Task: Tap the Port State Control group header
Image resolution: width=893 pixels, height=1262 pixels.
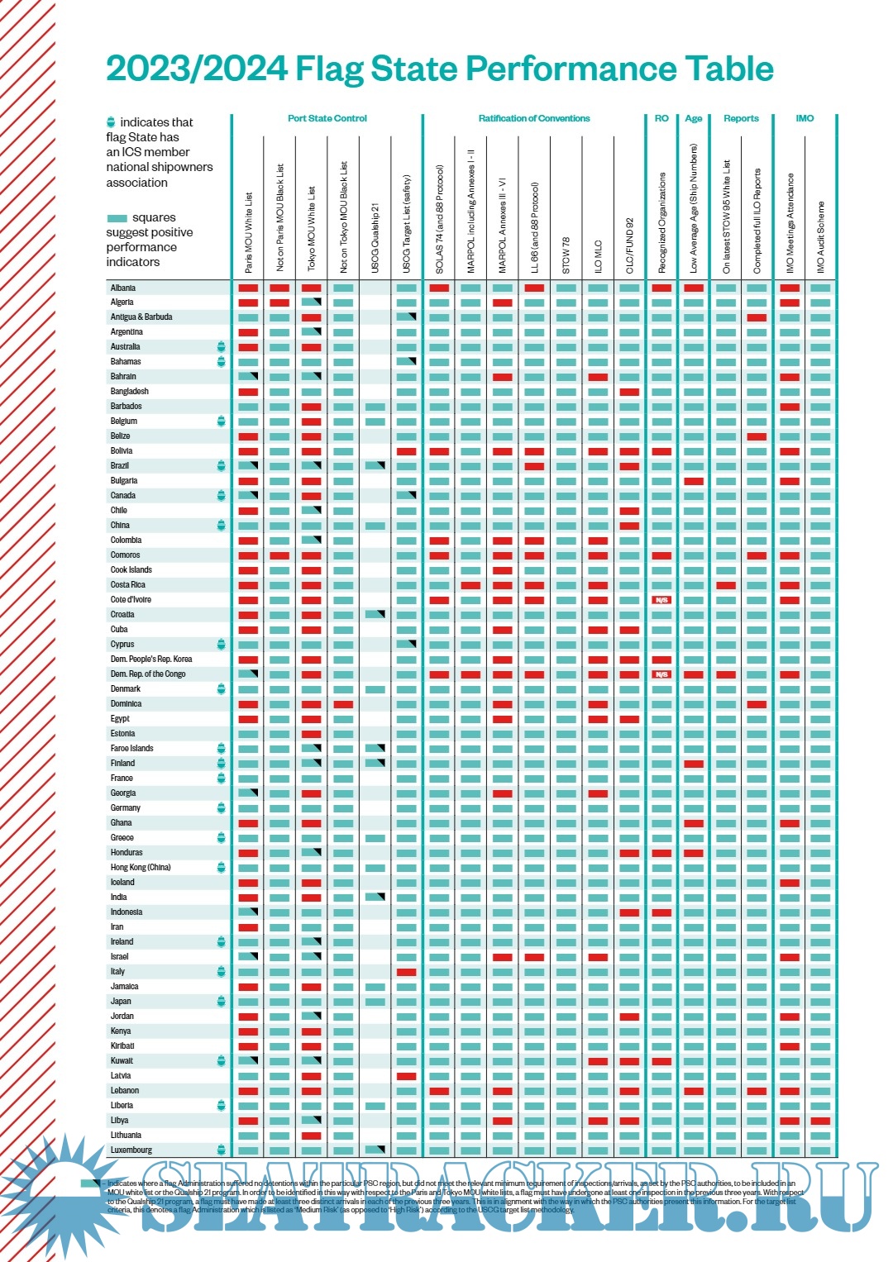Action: [327, 118]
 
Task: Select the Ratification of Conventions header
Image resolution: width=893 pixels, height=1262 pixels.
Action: [534, 118]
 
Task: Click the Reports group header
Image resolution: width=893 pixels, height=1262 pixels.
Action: [741, 118]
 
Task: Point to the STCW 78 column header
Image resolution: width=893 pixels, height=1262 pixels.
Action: [566, 255]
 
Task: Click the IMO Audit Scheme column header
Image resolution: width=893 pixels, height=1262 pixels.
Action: [821, 236]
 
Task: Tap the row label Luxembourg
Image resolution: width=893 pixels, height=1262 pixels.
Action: [131, 1150]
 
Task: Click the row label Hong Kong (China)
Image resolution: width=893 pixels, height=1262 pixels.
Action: [141, 867]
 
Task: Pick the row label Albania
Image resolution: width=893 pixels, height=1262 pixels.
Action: [123, 288]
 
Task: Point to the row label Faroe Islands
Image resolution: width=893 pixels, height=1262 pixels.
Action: [132, 748]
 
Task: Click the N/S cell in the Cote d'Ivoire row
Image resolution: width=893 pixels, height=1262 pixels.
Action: [661, 600]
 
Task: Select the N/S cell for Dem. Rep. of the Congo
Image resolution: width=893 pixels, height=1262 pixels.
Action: [661, 674]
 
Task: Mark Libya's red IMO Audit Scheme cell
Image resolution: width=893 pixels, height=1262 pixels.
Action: [821, 1121]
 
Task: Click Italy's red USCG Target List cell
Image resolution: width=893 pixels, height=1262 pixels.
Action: [407, 972]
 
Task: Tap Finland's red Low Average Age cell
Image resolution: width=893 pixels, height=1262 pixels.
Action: [694, 764]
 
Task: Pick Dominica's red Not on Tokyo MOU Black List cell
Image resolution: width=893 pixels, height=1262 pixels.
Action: [343, 704]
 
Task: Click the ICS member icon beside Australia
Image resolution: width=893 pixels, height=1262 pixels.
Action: [221, 346]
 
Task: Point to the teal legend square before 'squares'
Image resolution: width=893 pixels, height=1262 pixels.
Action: [117, 218]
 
